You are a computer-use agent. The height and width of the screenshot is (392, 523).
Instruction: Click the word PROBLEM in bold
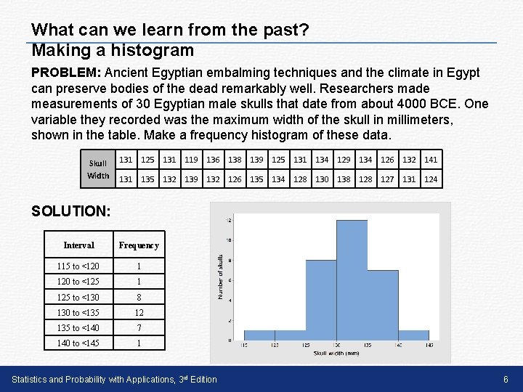coord(67,73)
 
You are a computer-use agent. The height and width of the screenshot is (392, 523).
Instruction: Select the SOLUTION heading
coord(71,211)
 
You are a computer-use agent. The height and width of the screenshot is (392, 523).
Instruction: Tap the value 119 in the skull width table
coord(191,159)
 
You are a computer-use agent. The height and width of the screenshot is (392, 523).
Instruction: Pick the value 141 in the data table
coord(431,159)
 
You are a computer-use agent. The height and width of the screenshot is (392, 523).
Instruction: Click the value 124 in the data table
coord(431,179)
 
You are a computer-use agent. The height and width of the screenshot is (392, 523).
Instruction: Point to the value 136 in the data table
coord(213,159)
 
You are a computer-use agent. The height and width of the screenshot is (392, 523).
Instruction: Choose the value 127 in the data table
coord(387,179)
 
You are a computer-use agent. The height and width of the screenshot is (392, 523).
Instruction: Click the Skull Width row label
coord(98,169)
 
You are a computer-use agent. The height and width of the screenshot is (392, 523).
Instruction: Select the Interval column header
coord(78,245)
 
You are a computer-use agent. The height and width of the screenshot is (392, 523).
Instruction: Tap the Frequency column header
coord(138,245)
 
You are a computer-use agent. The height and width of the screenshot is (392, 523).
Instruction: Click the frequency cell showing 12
coord(138,312)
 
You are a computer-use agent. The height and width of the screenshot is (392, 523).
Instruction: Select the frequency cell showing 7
coord(138,327)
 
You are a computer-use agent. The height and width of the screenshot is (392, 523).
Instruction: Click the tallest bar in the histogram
coord(352,283)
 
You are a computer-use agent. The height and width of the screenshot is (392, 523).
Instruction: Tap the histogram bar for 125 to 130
coord(320,301)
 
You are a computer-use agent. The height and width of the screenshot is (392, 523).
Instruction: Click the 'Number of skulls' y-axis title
coord(221,276)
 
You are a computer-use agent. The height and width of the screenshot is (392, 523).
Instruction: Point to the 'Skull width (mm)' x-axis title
coord(336,353)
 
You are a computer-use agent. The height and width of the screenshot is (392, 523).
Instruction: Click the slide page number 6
coord(505,380)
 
